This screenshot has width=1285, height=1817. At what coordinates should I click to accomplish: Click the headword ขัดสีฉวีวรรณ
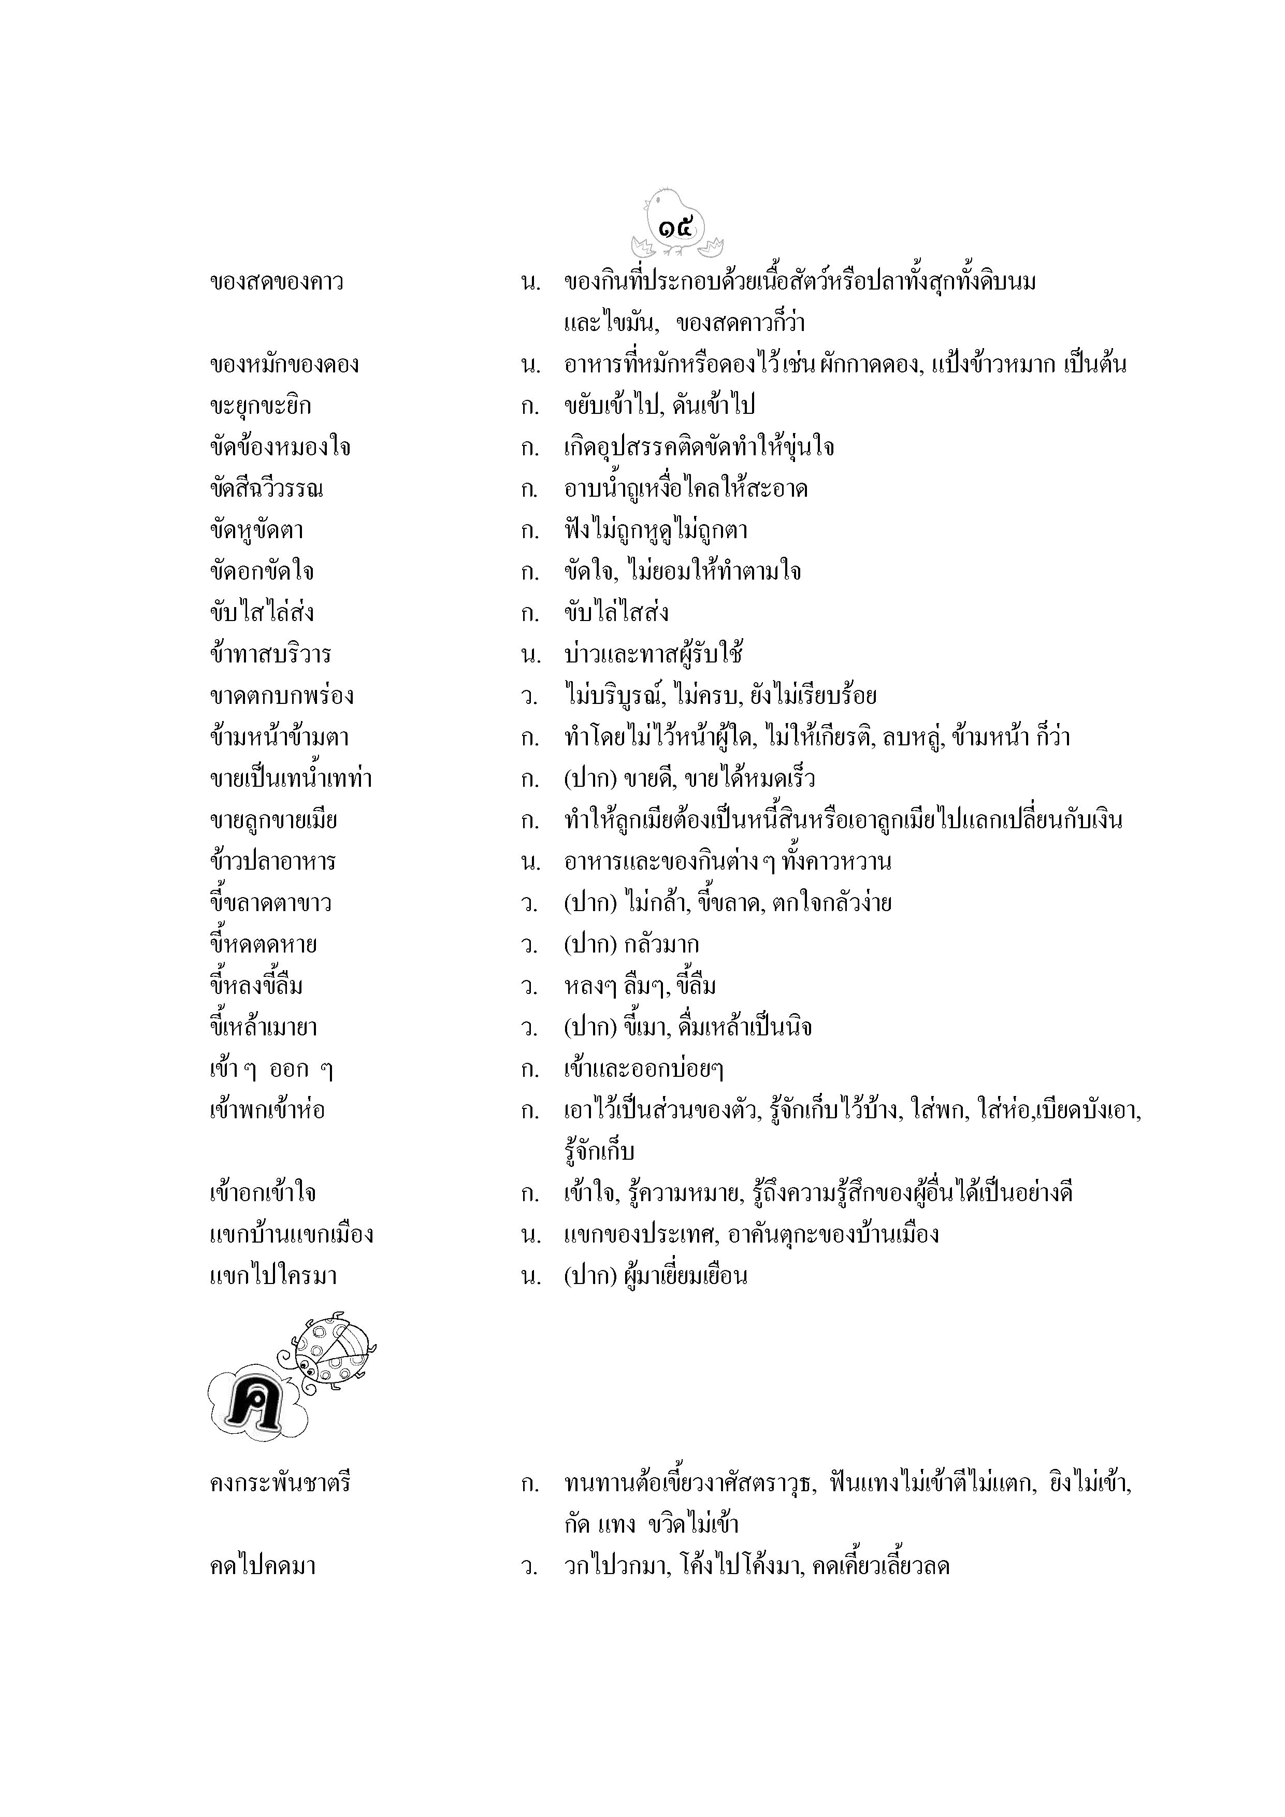pyautogui.click(x=267, y=488)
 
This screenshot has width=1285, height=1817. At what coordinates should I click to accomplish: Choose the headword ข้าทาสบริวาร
pyautogui.click(x=270, y=655)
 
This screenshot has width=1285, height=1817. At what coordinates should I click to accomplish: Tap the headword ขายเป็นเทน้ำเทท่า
pyautogui.click(x=291, y=778)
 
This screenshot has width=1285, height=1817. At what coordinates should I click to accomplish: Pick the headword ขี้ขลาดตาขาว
pyautogui.click(x=270, y=903)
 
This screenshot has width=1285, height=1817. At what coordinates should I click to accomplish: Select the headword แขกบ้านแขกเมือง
pyautogui.click(x=291, y=1234)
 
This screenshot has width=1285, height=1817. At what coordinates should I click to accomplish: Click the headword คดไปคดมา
pyautogui.click(x=263, y=1565)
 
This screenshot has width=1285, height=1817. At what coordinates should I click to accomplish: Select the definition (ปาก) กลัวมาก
pyautogui.click(x=631, y=944)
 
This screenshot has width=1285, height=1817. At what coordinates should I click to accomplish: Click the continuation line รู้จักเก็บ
pyautogui.click(x=600, y=1151)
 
